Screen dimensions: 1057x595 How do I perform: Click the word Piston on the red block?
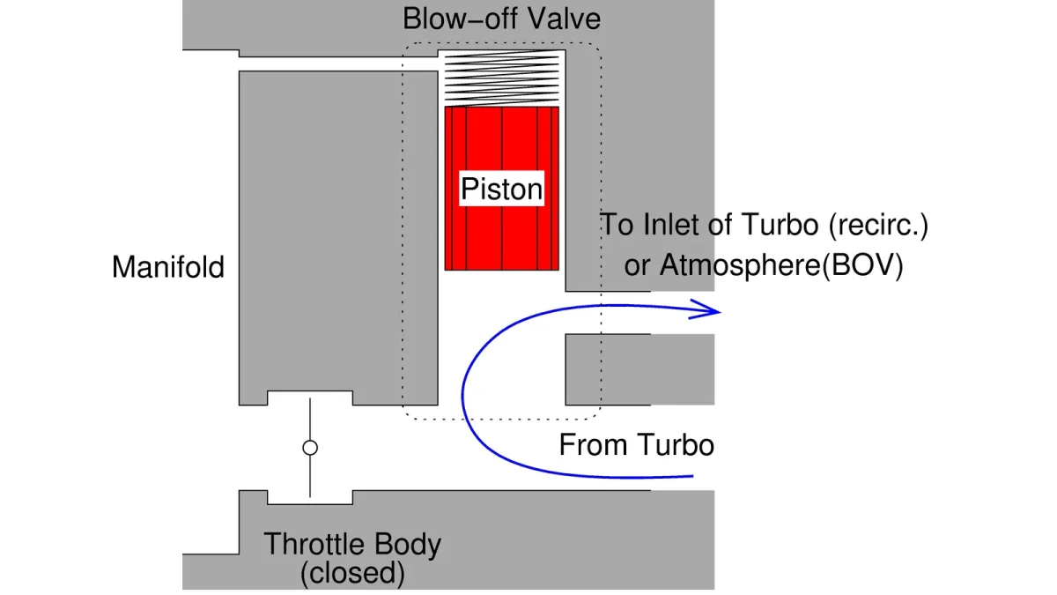pos(501,189)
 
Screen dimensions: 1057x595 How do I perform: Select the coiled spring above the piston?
pos(501,78)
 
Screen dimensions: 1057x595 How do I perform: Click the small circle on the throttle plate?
pos(310,448)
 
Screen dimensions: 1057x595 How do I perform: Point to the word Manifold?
pos(168,267)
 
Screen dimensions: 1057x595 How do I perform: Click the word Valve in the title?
pos(564,19)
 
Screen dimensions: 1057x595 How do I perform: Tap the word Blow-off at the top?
pos(460,19)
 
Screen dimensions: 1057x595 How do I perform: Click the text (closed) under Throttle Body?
pos(352,573)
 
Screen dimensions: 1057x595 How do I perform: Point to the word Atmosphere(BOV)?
pos(781,265)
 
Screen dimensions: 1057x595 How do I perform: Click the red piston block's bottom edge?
pos(501,270)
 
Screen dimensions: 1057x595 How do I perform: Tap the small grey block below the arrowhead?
pos(639,369)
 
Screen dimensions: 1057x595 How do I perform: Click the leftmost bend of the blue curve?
pos(462,396)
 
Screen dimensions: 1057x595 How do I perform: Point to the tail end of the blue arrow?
pos(692,476)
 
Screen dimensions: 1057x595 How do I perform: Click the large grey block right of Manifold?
pos(338,231)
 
